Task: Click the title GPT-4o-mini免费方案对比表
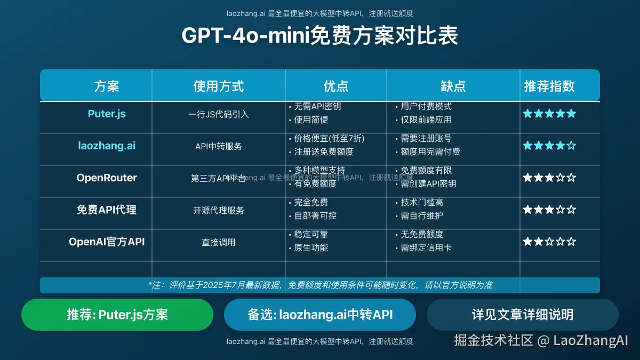coord(319,36)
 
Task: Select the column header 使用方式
coord(218,86)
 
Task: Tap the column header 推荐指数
coord(549,86)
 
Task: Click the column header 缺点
coord(453,86)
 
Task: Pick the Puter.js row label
coord(107,114)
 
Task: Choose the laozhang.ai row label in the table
coord(107,146)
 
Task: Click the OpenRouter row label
coord(107,178)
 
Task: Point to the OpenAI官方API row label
coord(107,242)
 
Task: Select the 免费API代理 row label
coord(107,210)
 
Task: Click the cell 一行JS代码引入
coord(218,114)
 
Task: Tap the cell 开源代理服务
coord(218,210)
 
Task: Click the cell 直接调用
coord(218,242)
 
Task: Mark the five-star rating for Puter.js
coord(549,114)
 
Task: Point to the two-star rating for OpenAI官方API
coord(549,242)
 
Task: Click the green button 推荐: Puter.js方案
coord(117,315)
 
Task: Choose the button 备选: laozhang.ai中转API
coord(320,315)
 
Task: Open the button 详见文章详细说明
coord(522,315)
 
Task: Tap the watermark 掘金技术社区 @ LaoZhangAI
coord(541,340)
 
